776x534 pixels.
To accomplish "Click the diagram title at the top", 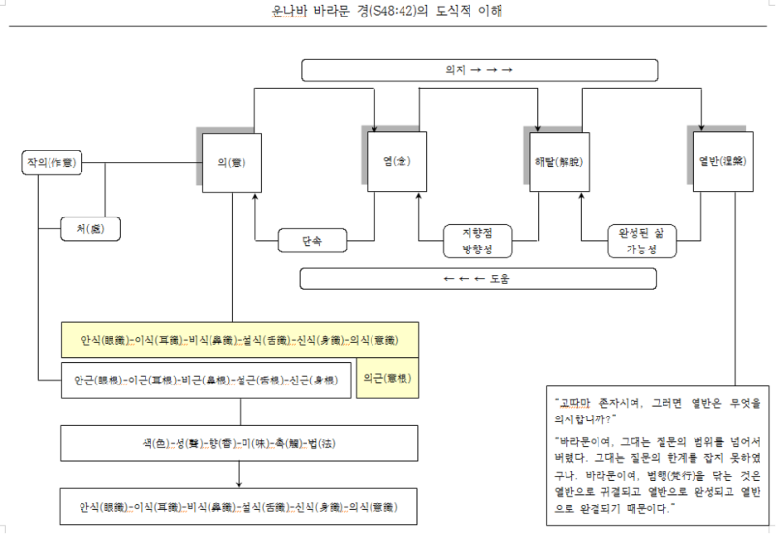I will coord(388,13).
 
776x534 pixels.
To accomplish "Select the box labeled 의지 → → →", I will coord(479,70).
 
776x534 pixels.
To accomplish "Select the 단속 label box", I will coord(312,240).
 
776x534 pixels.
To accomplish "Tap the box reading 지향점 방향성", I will coord(477,241).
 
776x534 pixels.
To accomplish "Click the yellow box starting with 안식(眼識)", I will coord(240,341).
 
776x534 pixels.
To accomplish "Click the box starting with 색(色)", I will coord(240,444).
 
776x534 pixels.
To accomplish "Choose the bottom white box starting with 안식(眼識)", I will coord(240,507).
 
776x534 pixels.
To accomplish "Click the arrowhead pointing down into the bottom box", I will coord(240,484).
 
